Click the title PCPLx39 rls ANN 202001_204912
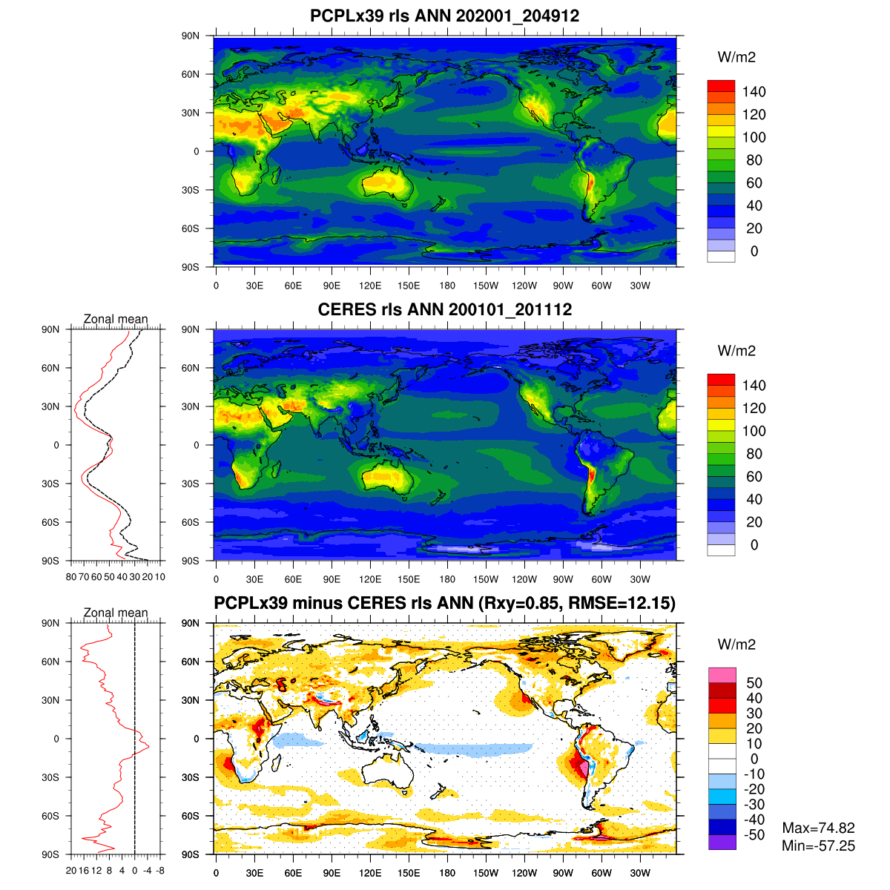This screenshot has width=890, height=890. point(444,16)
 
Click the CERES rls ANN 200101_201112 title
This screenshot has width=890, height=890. point(444,309)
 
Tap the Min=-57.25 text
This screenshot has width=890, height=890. point(818,846)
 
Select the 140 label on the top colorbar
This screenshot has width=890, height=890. point(754,92)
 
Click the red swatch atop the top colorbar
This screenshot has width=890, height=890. point(721,86)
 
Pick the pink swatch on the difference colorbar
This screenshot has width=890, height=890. point(722,675)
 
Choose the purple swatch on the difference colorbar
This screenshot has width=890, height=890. point(722,843)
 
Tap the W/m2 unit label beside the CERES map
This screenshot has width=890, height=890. point(736,351)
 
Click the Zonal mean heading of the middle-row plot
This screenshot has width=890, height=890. point(116,320)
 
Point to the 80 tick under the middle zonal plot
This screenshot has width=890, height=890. point(71,576)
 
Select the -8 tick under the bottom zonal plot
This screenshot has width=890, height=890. point(159,870)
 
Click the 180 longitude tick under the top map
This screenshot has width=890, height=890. point(447,286)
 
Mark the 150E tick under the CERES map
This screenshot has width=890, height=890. point(409,579)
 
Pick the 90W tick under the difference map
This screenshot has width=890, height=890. point(563,873)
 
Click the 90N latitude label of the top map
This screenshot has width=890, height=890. point(191,36)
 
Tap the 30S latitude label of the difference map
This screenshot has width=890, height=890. point(191,777)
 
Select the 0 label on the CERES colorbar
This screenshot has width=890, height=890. point(754,545)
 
